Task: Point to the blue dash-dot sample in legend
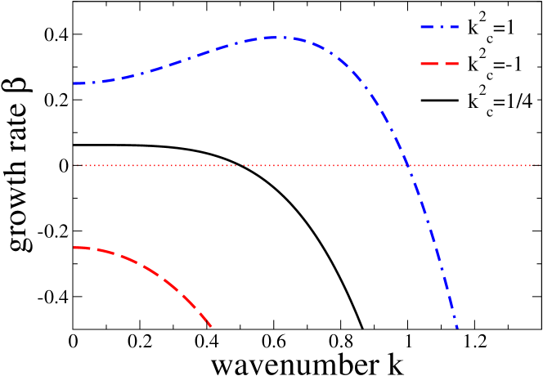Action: tap(439, 27)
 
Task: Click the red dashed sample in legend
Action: tap(439, 65)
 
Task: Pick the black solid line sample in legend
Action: tap(439, 102)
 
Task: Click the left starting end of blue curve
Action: tap(74, 83)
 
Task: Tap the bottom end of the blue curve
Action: tap(458, 329)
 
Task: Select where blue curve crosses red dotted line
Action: tap(407, 165)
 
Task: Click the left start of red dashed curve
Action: tap(74, 247)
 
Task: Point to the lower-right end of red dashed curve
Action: tap(213, 327)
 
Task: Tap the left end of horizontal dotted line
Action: tap(74, 165)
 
